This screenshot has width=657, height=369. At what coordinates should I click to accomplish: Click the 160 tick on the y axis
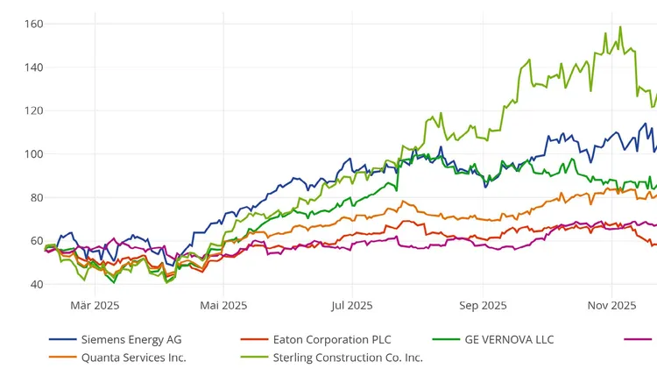click(33, 24)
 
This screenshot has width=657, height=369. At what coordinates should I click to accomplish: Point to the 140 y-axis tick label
click(33, 67)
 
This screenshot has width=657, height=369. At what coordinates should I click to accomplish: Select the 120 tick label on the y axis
click(33, 110)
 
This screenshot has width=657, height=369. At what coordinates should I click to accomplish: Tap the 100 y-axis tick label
click(33, 154)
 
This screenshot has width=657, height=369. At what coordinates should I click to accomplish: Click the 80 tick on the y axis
click(36, 197)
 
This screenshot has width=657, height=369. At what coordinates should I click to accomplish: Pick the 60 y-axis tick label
click(36, 241)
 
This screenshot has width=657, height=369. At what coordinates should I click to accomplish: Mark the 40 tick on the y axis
click(36, 284)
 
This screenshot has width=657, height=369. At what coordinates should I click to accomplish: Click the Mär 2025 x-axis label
click(95, 305)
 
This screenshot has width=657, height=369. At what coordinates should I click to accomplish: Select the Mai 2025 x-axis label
click(223, 305)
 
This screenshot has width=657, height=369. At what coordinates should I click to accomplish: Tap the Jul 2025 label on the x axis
click(352, 305)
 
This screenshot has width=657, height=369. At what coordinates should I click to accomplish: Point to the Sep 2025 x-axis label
click(483, 305)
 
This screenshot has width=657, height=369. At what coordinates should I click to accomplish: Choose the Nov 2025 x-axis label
click(611, 305)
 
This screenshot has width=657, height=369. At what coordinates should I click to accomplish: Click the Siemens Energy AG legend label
click(131, 339)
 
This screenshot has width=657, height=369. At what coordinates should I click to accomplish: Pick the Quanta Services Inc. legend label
click(133, 357)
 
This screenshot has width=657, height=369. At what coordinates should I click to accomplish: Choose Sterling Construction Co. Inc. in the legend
click(348, 357)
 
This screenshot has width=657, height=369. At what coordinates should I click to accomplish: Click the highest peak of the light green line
click(620, 26)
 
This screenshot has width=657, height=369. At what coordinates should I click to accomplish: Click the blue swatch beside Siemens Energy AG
click(62, 339)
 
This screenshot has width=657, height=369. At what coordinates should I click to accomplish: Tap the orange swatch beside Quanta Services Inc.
click(62, 357)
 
